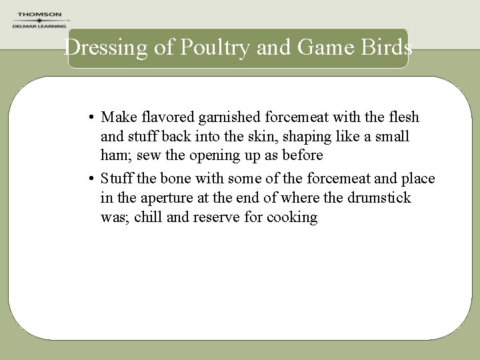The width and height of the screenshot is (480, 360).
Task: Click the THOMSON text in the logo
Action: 39,15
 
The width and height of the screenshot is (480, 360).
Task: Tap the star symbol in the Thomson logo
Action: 39,21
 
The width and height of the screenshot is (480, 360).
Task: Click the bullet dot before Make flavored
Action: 90,118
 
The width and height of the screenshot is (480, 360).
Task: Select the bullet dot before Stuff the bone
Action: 90,179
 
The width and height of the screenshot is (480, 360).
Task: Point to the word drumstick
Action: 380,198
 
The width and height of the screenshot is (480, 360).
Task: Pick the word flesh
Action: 403,118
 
